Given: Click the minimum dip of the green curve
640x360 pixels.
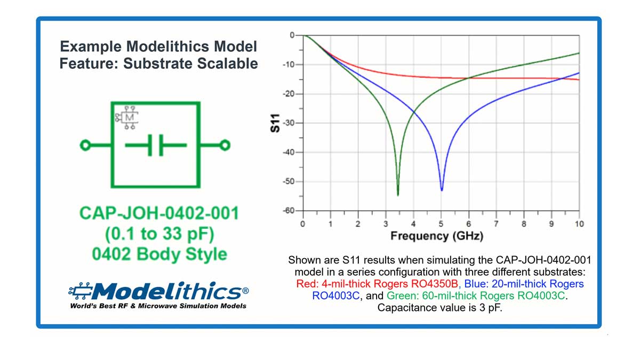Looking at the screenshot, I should [398, 195].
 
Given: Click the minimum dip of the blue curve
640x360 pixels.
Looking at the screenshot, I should [442, 190].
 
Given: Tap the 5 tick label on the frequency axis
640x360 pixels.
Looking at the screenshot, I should [441, 223].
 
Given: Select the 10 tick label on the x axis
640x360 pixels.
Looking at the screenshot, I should [579, 223].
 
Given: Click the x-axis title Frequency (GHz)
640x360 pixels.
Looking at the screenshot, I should [437, 236].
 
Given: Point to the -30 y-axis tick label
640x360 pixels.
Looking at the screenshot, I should [289, 123].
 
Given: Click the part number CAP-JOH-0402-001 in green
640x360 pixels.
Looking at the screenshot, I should [159, 213].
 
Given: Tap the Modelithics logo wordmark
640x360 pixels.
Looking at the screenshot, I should [165, 291].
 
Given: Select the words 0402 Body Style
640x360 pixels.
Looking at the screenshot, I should [159, 254].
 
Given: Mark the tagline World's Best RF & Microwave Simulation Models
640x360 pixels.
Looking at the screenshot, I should [158, 306].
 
